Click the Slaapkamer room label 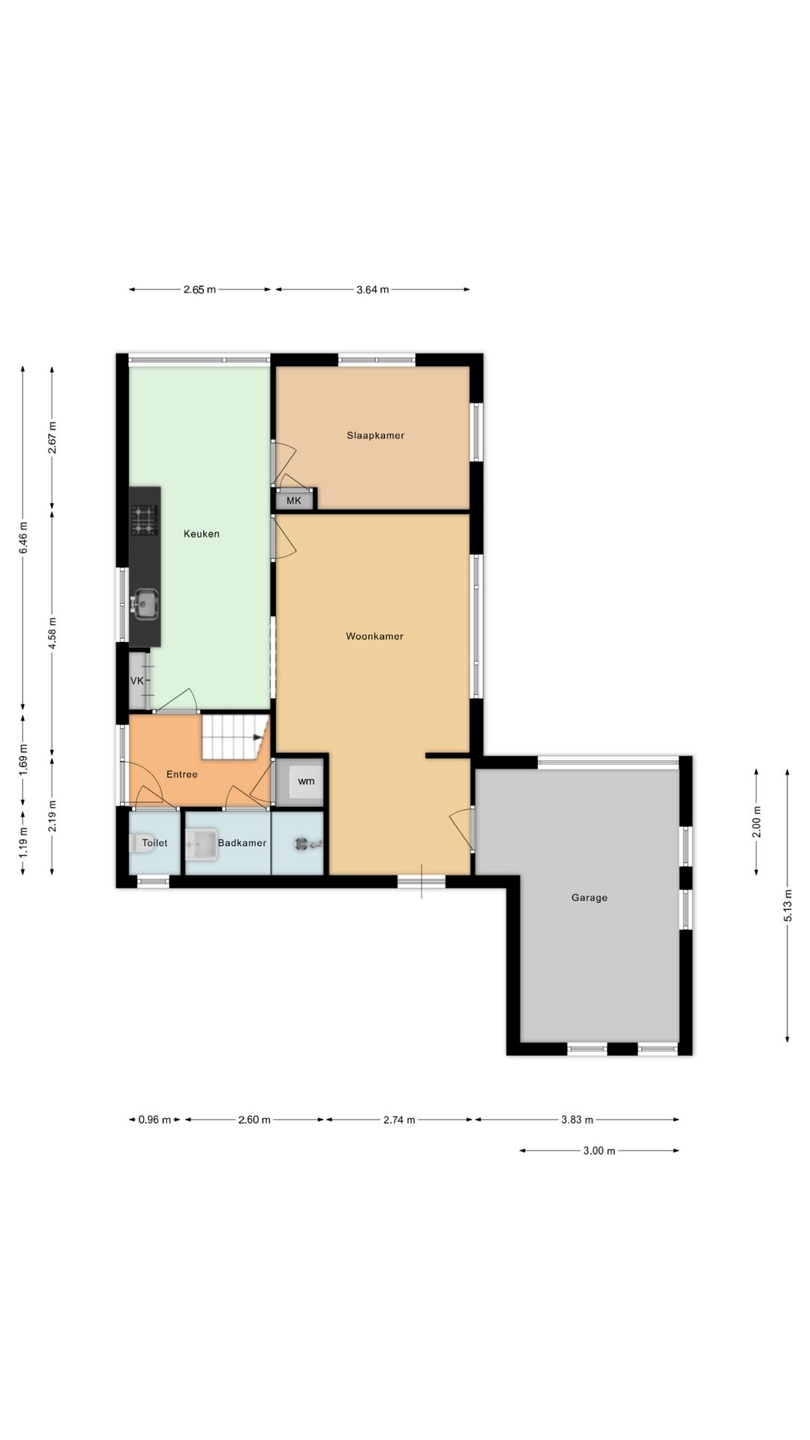(375, 435)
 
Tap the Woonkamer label (374, 636)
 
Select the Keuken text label (202, 534)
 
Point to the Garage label (589, 898)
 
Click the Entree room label (181, 774)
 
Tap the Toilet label (154, 843)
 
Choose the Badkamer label (242, 843)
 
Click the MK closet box (294, 500)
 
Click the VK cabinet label (136, 681)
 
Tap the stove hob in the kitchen (145, 520)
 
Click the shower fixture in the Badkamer (303, 844)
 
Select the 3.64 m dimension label (373, 289)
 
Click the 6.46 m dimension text (23, 538)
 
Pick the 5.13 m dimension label (787, 904)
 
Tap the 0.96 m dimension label (154, 1120)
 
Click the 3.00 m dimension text (599, 1151)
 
